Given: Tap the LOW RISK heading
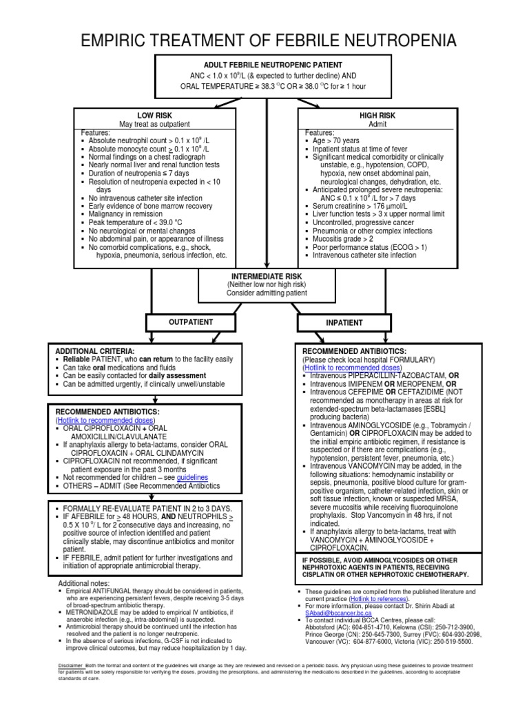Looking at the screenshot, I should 155,115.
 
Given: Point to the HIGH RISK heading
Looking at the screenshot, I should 377,115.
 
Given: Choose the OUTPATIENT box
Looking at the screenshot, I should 191,322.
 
